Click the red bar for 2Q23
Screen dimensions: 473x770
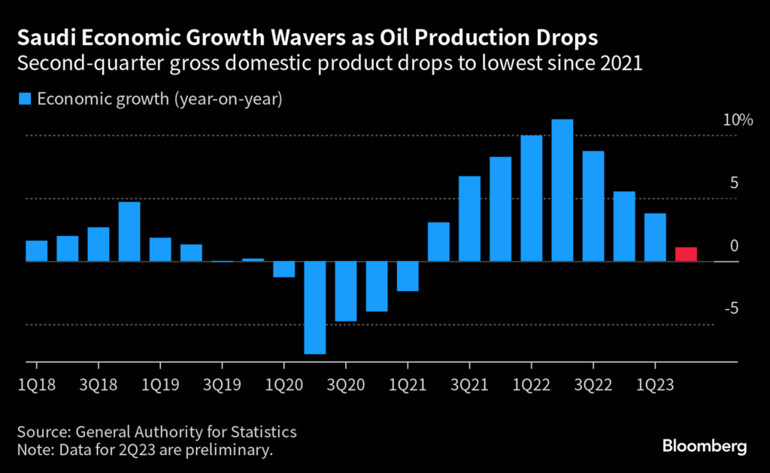[686, 254]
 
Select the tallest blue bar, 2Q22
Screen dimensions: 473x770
[562, 190]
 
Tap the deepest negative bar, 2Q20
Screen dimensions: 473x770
[315, 308]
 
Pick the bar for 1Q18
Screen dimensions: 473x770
[37, 251]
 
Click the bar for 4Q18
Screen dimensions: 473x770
[129, 232]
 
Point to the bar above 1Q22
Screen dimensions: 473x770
[532, 199]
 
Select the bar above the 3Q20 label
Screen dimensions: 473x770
[346, 292]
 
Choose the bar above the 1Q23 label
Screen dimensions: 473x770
[655, 238]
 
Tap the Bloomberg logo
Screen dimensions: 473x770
[704, 447]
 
